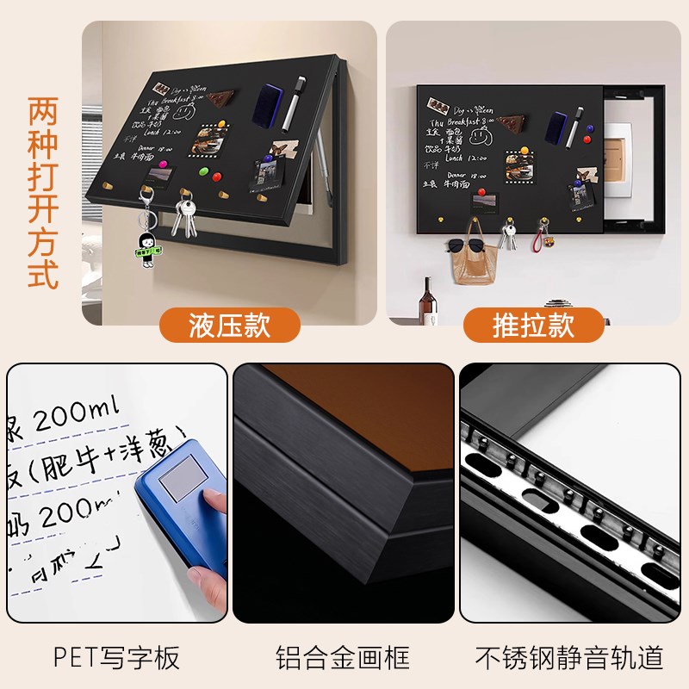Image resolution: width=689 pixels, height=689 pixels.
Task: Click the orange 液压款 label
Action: click(x=229, y=326)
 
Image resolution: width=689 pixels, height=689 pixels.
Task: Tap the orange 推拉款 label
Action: click(x=533, y=326)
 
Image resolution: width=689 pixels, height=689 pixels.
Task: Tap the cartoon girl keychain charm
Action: click(x=147, y=246)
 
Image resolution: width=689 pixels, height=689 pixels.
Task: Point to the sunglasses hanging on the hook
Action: click(x=465, y=246)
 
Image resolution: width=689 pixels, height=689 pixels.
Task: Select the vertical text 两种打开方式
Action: click(x=43, y=194)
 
